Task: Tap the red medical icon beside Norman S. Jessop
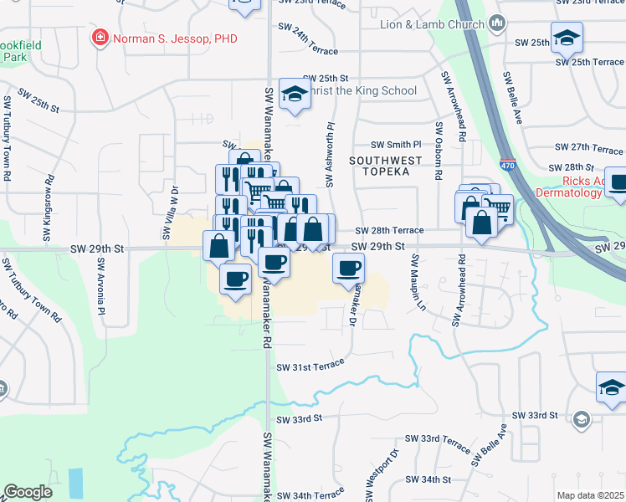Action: [100, 38]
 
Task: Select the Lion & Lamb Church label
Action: [432, 24]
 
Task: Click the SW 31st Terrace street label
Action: [310, 365]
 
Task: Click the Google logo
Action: [28, 492]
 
